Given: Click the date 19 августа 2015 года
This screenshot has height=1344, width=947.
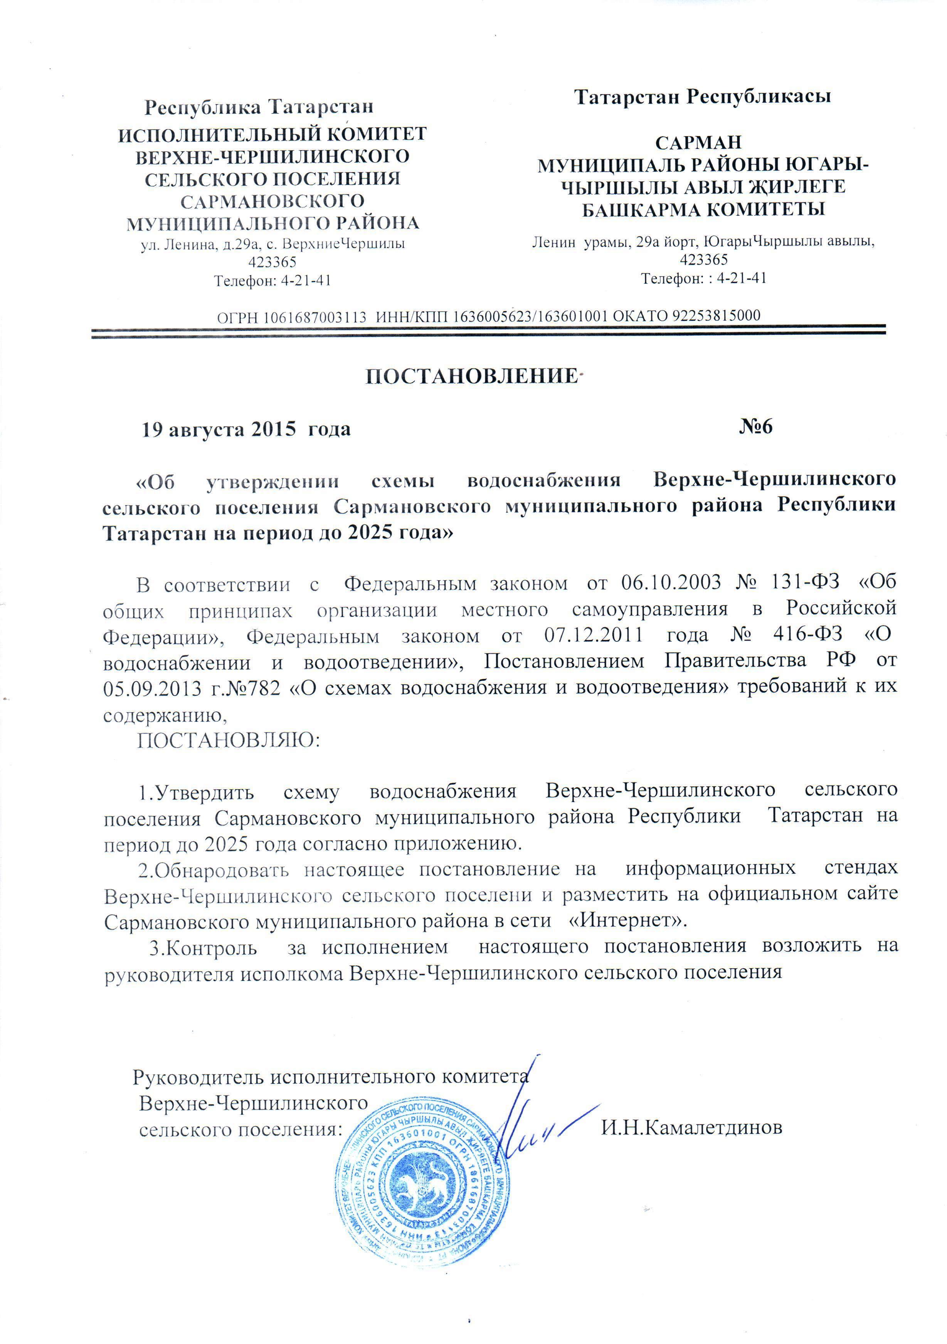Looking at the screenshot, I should pyautogui.click(x=246, y=430).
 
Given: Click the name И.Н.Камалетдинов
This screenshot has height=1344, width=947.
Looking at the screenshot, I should pyautogui.click(x=692, y=1128).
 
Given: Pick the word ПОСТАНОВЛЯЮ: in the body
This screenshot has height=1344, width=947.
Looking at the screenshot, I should pyautogui.click(x=229, y=741).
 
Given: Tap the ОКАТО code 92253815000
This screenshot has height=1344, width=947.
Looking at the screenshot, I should pyautogui.click(x=716, y=316).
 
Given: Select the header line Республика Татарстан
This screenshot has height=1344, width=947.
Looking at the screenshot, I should pyautogui.click(x=259, y=107).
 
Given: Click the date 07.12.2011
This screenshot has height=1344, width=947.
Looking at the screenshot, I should pyautogui.click(x=593, y=635).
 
